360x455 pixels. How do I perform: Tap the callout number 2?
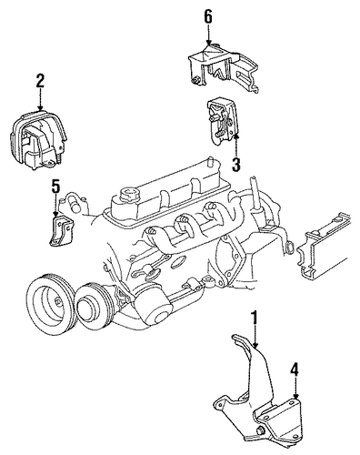tap(40, 81)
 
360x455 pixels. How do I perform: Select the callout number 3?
tap(236, 165)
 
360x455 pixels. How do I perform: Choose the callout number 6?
tap(208, 16)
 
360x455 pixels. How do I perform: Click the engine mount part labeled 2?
tap(38, 140)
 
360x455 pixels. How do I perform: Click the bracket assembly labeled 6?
tap(224, 67)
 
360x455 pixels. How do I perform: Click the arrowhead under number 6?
tap(208, 44)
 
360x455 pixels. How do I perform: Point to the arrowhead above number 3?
tap(236, 137)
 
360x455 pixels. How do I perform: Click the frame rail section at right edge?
tap(324, 246)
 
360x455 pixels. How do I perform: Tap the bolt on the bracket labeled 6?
tap(195, 80)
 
